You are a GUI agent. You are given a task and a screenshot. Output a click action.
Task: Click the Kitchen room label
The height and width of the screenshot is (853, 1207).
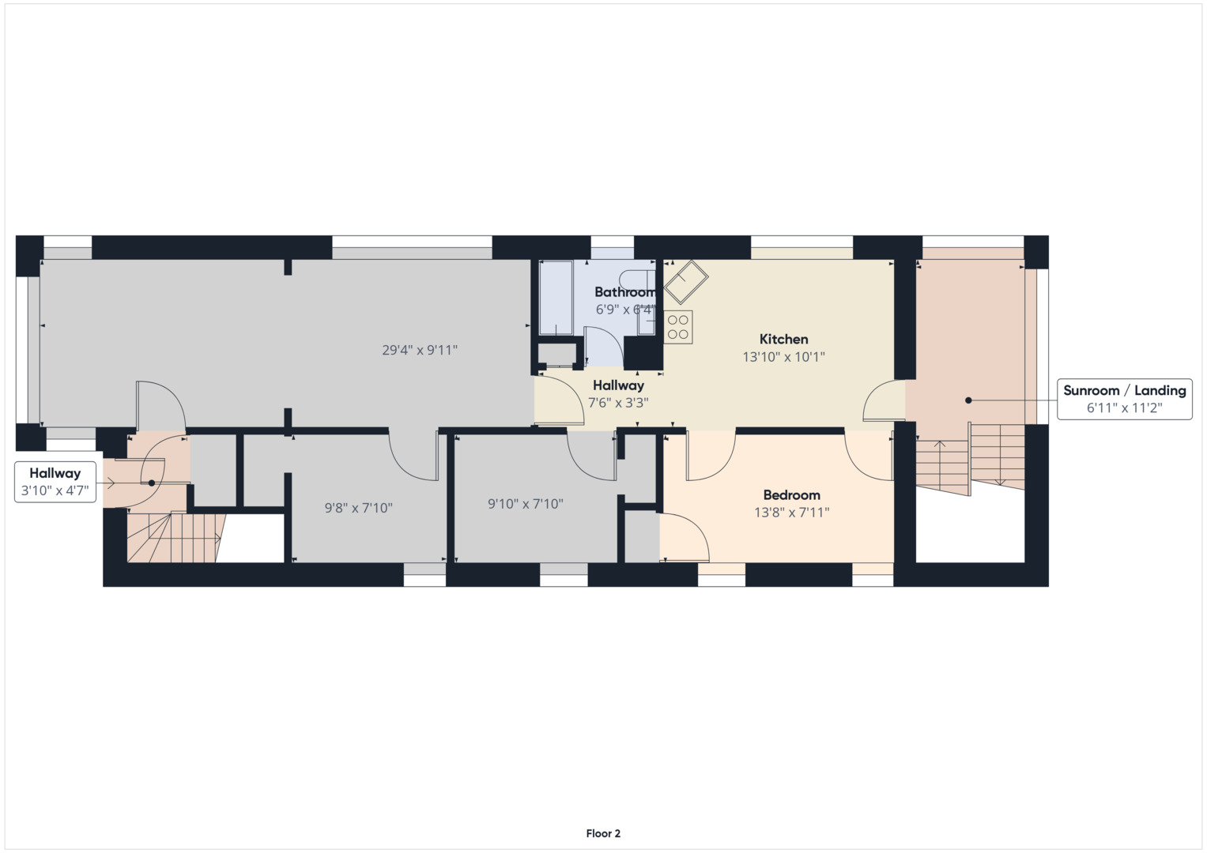[783, 340]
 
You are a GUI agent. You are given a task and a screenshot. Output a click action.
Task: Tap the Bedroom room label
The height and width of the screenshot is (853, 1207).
[791, 495]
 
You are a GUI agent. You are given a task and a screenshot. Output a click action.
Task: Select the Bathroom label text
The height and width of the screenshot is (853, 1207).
[624, 292]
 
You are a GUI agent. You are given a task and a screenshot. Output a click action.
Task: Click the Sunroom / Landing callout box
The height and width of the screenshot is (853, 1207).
[1124, 399]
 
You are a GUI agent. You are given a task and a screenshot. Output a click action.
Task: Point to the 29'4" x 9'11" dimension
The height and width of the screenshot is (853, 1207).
[420, 350]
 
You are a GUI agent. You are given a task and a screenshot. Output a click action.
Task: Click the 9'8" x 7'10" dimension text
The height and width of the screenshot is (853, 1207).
[358, 508]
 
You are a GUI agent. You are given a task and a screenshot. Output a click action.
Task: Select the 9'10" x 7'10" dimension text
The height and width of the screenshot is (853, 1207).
[525, 504]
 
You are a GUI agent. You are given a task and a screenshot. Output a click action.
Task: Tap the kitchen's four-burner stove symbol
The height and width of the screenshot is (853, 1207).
[678, 327]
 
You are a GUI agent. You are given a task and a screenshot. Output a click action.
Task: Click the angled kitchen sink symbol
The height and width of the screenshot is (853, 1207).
[685, 281]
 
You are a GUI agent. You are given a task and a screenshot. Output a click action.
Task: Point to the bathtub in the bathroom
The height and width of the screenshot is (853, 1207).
[556, 298]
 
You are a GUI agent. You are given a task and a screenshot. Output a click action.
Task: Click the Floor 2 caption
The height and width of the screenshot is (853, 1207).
[603, 833]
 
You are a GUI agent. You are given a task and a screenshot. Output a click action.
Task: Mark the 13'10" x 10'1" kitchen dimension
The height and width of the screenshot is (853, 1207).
[783, 357]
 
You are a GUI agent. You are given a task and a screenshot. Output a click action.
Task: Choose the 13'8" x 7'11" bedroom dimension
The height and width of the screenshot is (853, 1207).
[791, 513]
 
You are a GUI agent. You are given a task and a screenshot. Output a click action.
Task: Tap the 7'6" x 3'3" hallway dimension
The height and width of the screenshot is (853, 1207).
[618, 403]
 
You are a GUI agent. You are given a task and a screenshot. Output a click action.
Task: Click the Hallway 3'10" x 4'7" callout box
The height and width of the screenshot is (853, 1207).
[55, 482]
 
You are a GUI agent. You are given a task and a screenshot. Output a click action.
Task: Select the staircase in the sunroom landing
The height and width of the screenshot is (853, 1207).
[970, 458]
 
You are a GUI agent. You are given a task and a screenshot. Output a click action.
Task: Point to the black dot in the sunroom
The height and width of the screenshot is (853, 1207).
[968, 400]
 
